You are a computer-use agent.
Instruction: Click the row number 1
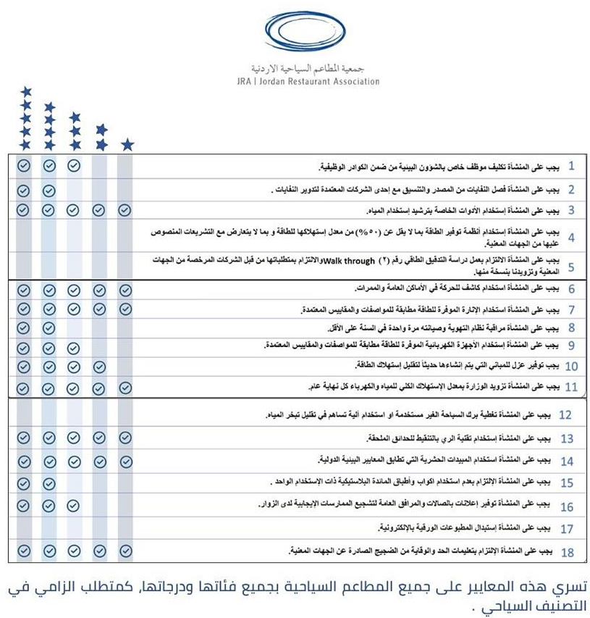coord(571,166)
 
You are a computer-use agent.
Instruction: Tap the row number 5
coord(571,267)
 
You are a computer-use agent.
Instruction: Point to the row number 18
coord(568,552)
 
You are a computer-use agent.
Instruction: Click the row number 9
coord(571,346)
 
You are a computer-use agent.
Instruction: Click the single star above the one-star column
coord(127,145)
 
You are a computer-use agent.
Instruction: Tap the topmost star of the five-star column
coord(26,91)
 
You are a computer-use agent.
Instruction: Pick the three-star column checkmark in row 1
coord(74,166)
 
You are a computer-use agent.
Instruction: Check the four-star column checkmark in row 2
coord(49,191)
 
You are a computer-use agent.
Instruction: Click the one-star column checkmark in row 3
coord(125,210)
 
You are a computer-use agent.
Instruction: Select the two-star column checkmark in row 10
coord(101,366)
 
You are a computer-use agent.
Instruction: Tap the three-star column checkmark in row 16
coord(74,505)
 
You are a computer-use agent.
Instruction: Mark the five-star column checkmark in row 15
coord(24,483)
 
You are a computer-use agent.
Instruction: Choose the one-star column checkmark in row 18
coord(125,551)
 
